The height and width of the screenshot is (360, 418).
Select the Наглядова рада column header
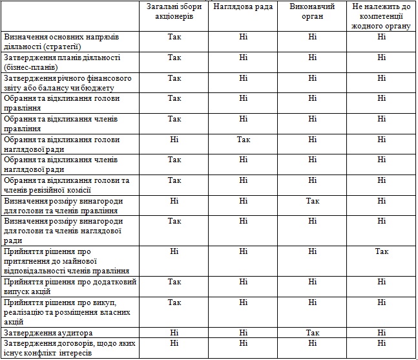pos(242,6)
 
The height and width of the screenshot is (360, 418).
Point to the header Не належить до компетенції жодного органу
pos(381,16)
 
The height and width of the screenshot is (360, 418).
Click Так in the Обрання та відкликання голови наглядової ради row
pos(243,139)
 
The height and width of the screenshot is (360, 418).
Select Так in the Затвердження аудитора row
pos(313,333)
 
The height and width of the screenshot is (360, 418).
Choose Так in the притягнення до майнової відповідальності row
pos(382,251)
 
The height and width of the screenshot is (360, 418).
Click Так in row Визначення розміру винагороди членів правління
pos(313,201)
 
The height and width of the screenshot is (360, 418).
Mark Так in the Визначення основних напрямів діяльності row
pos(174,37)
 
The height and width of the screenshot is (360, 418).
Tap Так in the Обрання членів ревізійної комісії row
pos(174,180)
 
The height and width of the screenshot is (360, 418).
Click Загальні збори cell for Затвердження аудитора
pos(174,333)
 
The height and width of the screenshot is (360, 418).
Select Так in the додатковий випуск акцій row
pos(174,282)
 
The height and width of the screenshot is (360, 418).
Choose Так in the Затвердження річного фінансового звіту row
pos(174,78)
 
